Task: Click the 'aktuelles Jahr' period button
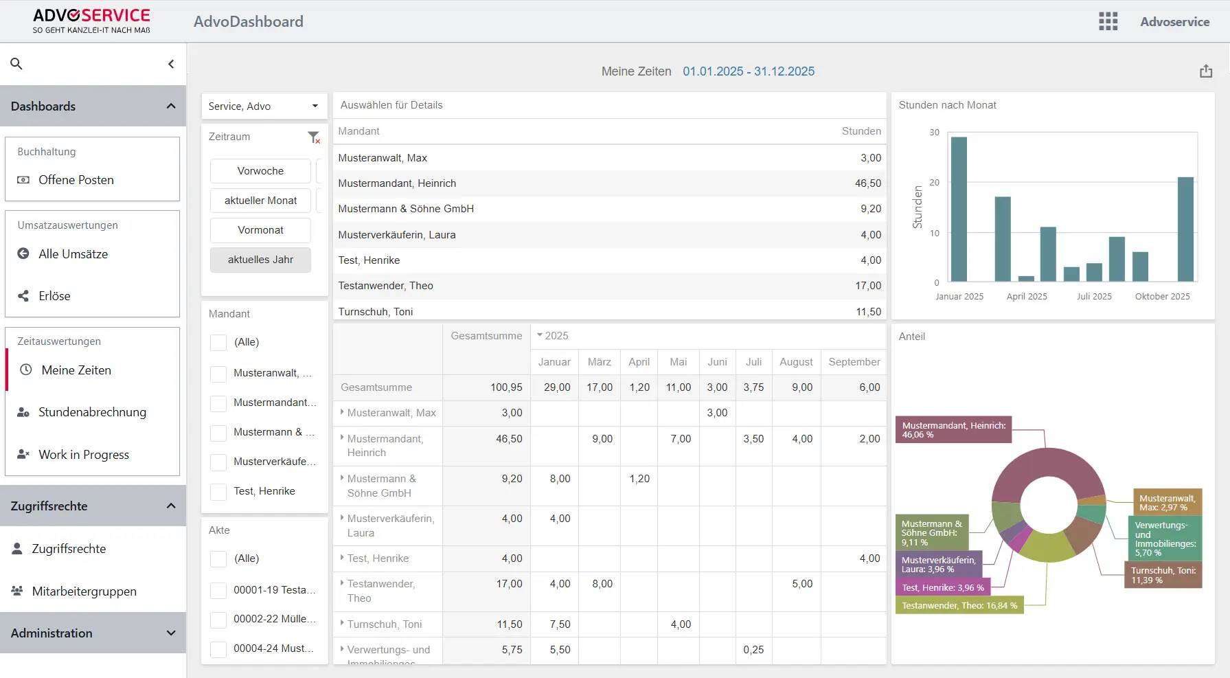pos(260,260)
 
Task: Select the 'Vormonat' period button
pos(260,230)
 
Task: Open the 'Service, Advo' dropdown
pos(264,106)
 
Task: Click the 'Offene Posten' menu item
pos(76,180)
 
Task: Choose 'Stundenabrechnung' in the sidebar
pos(92,412)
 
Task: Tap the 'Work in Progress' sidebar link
pos(84,455)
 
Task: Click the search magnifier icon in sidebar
pos(16,64)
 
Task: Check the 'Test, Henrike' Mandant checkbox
pos(218,492)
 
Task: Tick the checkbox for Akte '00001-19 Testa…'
pos(218,591)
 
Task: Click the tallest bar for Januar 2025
pos(959,210)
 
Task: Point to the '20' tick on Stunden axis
pos(934,183)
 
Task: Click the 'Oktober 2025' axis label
pos(1162,297)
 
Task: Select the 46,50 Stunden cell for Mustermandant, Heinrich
pos(867,183)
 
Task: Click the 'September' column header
pos(854,362)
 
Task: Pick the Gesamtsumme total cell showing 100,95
pos(506,387)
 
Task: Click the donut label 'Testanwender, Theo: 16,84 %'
pos(959,606)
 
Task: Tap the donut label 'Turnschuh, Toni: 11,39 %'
pos(1163,576)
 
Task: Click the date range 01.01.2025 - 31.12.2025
pos(748,71)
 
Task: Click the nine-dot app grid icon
pos(1108,21)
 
